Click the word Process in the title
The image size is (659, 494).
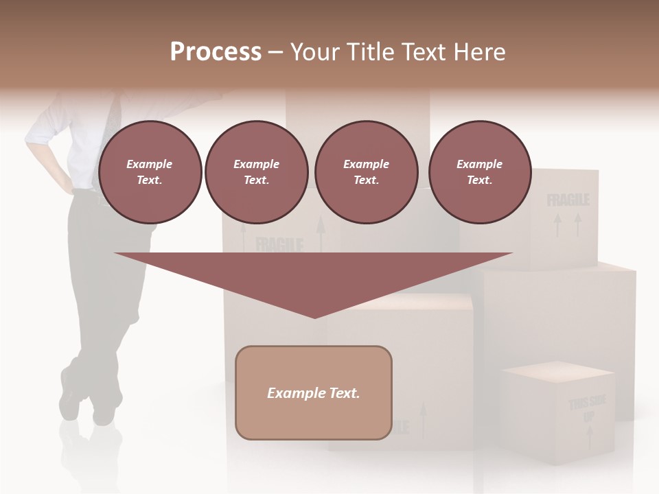pos(216,51)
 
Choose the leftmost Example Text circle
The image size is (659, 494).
pos(150,172)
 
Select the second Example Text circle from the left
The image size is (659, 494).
pos(256,172)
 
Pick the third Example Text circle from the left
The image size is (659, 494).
pos(366,172)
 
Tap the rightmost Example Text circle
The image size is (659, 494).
pos(479,172)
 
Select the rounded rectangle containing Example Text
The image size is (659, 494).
pos(314,392)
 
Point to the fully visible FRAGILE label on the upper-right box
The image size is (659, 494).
pos(568,200)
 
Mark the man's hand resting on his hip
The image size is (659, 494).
pos(69,182)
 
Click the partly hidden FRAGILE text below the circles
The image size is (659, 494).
pos(279,245)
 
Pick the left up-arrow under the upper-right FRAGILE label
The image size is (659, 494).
pos(557,225)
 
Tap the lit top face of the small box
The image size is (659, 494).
pos(557,371)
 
